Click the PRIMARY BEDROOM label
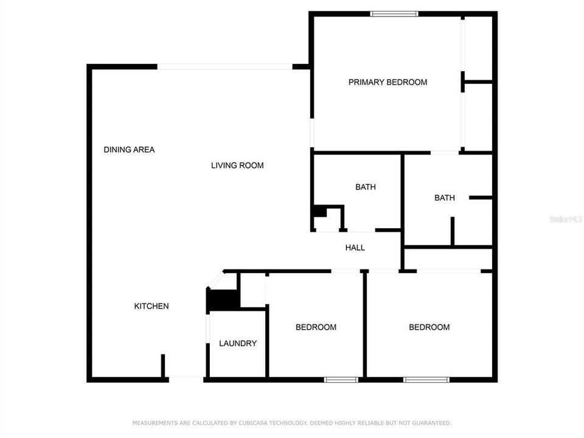[388, 82]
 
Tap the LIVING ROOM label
[237, 165]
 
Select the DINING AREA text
[129, 150]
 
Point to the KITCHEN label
[151, 307]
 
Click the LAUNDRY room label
[238, 344]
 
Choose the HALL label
[355, 248]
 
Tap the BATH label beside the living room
[366, 187]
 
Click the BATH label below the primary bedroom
[445, 198]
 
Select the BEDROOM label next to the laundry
[316, 327]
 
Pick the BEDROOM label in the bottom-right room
[429, 327]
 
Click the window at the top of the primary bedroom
[394, 13]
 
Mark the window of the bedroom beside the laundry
[341, 380]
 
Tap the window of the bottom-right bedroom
[426, 380]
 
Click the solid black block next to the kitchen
[223, 300]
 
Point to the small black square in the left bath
[318, 211]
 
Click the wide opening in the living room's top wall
[225, 66]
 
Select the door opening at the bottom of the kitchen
[186, 379]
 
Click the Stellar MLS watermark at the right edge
[566, 218]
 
